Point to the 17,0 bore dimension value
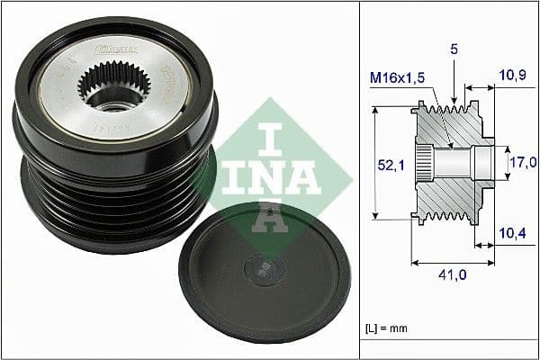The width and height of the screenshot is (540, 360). coord(523,162)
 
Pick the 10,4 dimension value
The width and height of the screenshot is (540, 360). coord(513,233)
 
